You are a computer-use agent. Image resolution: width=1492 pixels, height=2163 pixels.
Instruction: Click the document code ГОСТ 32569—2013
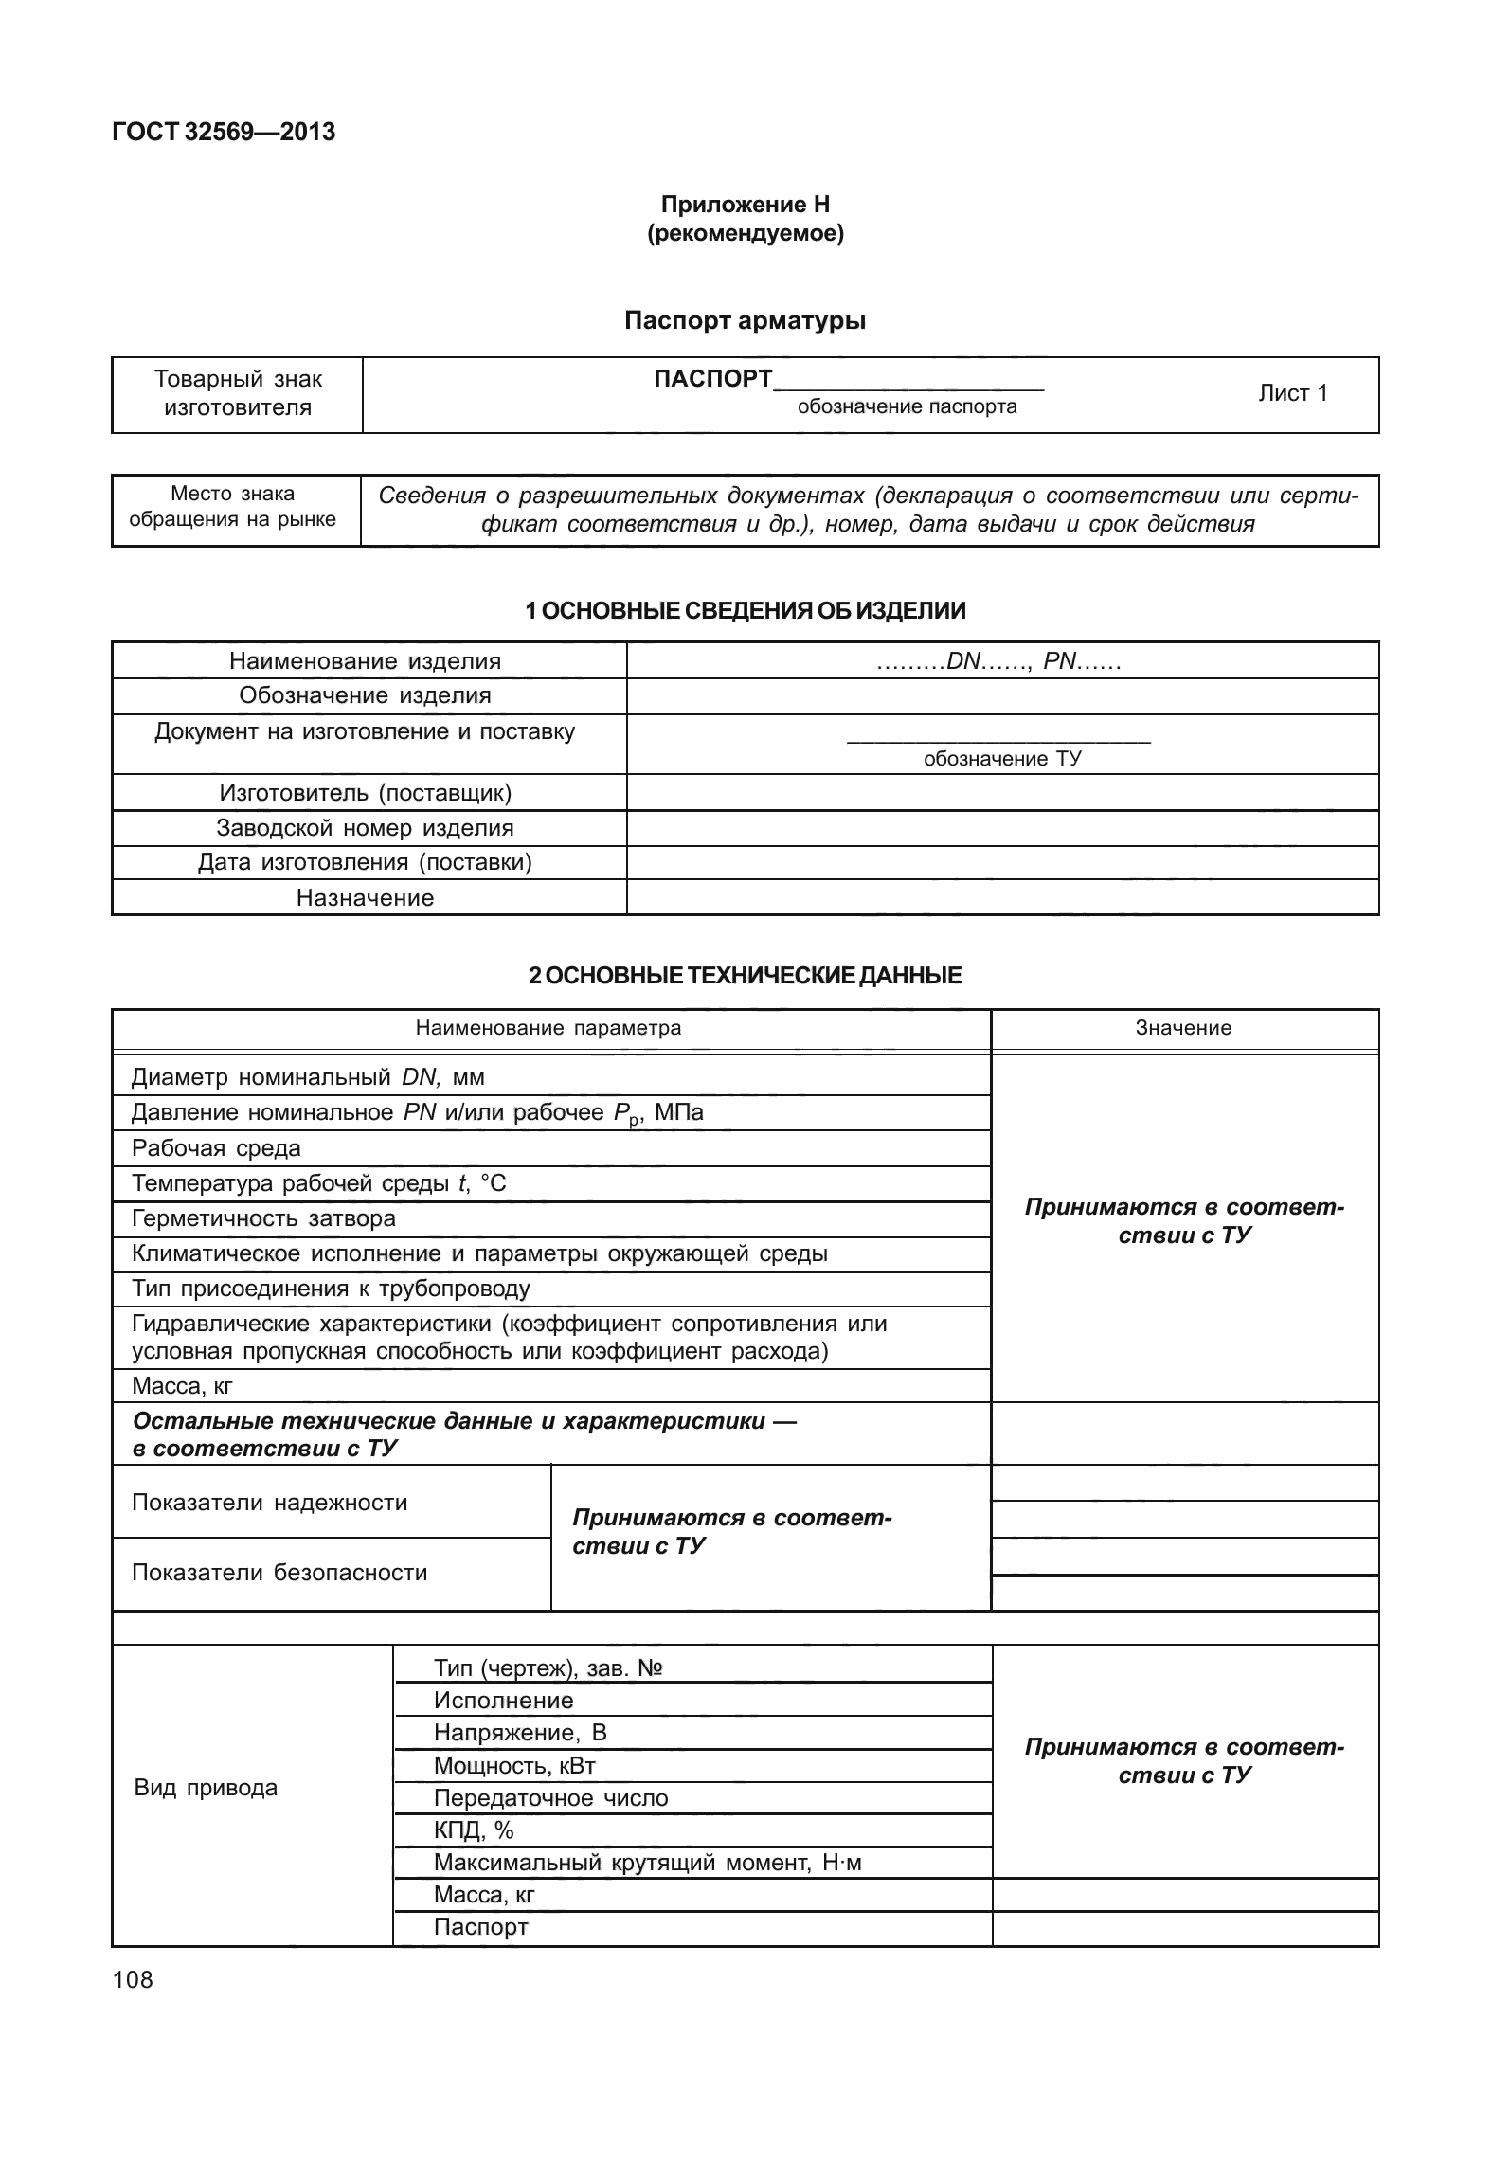(x=224, y=133)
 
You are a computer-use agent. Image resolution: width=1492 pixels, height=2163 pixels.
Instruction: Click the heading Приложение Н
(x=745, y=205)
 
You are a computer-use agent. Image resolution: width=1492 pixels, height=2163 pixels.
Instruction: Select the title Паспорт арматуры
(x=745, y=321)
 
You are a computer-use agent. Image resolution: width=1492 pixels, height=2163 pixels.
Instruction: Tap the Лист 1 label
(x=1292, y=393)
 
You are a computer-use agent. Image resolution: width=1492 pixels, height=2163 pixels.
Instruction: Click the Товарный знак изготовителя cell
(x=238, y=394)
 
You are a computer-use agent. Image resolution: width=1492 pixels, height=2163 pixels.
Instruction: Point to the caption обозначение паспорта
(x=907, y=407)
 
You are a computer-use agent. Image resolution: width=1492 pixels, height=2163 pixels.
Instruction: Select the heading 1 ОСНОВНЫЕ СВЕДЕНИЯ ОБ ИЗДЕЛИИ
(x=745, y=611)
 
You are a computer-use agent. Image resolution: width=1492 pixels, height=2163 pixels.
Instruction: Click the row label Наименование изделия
(x=365, y=661)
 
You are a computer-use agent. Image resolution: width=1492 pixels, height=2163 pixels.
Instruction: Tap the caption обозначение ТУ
(x=1002, y=759)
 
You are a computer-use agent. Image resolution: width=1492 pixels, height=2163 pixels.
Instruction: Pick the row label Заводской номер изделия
(x=365, y=828)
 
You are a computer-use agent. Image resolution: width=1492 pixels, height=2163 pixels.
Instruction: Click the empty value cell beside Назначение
(x=1002, y=898)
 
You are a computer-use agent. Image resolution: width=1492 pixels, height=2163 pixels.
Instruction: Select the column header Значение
(x=1183, y=1029)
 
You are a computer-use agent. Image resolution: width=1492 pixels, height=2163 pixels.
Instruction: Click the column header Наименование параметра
(x=548, y=1029)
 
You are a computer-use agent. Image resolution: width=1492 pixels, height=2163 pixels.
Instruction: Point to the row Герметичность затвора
(x=264, y=1218)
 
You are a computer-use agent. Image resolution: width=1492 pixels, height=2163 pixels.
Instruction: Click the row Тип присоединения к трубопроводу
(x=331, y=1289)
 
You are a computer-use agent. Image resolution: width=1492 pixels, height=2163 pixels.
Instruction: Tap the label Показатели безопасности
(x=279, y=1573)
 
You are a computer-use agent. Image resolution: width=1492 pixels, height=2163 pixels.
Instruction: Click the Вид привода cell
(x=207, y=1788)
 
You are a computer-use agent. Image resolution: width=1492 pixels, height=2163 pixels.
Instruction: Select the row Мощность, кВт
(x=514, y=1765)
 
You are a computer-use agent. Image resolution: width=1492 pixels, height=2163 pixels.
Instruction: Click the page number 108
(x=133, y=1979)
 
